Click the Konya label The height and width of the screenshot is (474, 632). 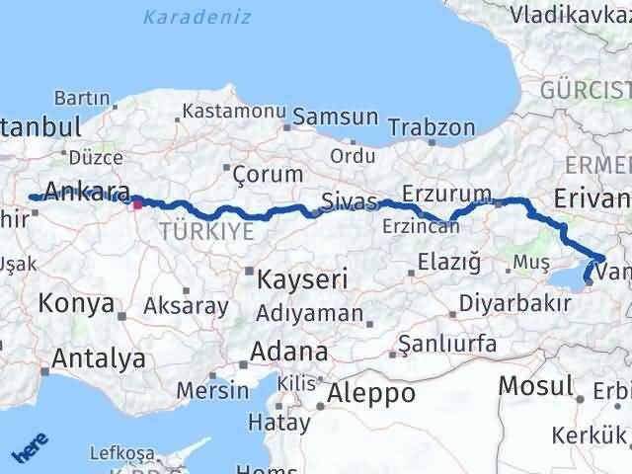(x=76, y=304)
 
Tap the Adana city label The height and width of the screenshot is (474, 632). (x=289, y=353)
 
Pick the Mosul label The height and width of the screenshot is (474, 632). (x=536, y=385)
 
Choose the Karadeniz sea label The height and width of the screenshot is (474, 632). (x=197, y=17)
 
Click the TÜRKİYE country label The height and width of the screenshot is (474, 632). (x=206, y=231)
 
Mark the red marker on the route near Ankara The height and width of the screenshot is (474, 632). (x=138, y=205)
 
